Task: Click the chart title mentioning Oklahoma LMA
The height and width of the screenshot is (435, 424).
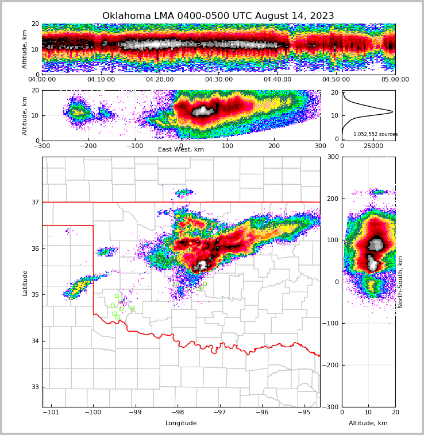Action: pos(218,16)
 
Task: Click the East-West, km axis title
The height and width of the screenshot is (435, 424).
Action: pos(181,150)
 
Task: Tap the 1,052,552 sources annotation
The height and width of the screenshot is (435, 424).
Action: pos(375,134)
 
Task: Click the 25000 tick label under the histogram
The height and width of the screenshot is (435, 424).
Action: pos(373,146)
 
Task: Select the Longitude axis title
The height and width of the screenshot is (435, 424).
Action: pos(181,424)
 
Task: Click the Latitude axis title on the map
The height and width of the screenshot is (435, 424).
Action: pos(25,282)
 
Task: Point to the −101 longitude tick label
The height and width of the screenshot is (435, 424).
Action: pos(51,413)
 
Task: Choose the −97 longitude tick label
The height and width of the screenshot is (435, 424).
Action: pos(219,413)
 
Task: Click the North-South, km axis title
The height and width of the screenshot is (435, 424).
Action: pos(400,282)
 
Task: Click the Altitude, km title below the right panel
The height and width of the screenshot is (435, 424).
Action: pos(368,424)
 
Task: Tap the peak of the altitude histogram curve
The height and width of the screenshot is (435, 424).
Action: pos(392,111)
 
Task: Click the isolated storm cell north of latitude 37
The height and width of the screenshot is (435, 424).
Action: pos(184,192)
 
